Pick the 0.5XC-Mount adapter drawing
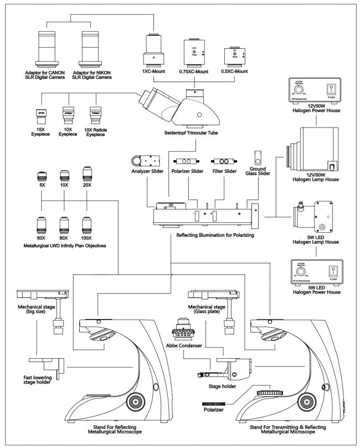(229, 58)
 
